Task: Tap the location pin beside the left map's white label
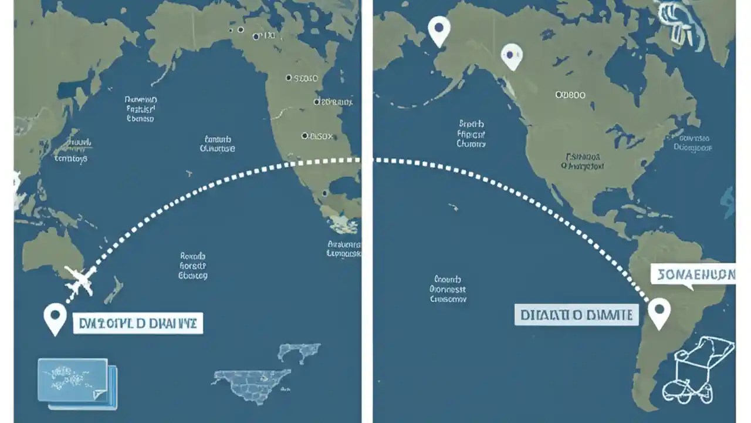(x=55, y=318)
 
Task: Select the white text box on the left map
(x=138, y=323)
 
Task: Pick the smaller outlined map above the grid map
(x=299, y=352)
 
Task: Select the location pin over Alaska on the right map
(x=439, y=31)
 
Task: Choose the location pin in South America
(x=659, y=313)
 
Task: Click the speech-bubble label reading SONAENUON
(x=693, y=275)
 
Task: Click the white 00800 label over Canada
(x=570, y=95)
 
